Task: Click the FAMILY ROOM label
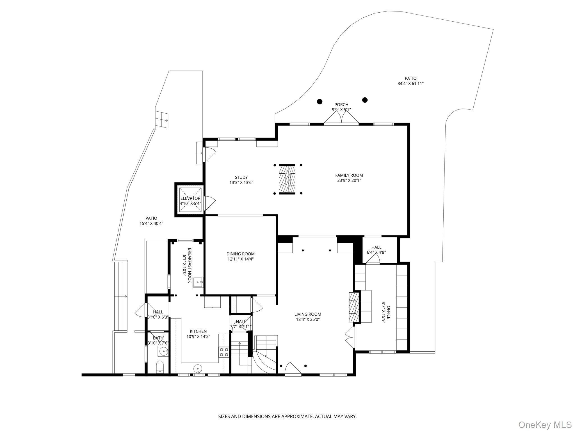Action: (349, 175)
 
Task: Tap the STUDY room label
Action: (241, 177)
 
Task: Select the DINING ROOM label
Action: (241, 254)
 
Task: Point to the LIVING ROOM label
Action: (308, 314)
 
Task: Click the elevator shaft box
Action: (191, 200)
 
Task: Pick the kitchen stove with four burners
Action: (224, 352)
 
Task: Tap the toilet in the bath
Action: (160, 367)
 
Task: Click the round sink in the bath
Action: (163, 350)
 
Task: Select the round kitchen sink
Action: (198, 368)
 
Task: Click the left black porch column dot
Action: (320, 102)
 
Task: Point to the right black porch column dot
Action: (365, 100)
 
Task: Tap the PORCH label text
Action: (341, 105)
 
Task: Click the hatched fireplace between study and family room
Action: (287, 180)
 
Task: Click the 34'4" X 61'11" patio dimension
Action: (410, 83)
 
